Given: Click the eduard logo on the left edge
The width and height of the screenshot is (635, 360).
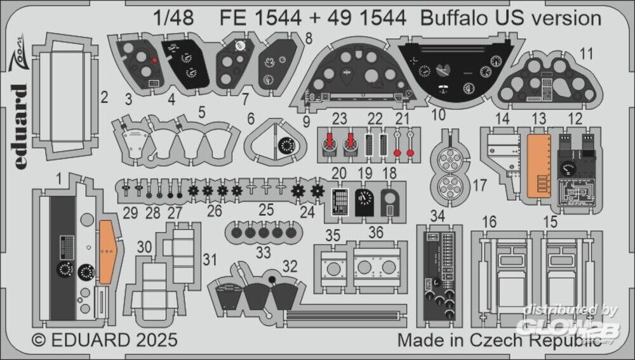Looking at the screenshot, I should point(20,123).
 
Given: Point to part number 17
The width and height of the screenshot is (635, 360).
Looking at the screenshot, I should point(479,185).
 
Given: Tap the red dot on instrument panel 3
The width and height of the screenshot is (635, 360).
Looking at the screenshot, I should point(154,60).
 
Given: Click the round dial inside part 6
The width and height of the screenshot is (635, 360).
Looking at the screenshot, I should point(284,146).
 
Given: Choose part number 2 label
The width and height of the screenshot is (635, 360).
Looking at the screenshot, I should point(104,98).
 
